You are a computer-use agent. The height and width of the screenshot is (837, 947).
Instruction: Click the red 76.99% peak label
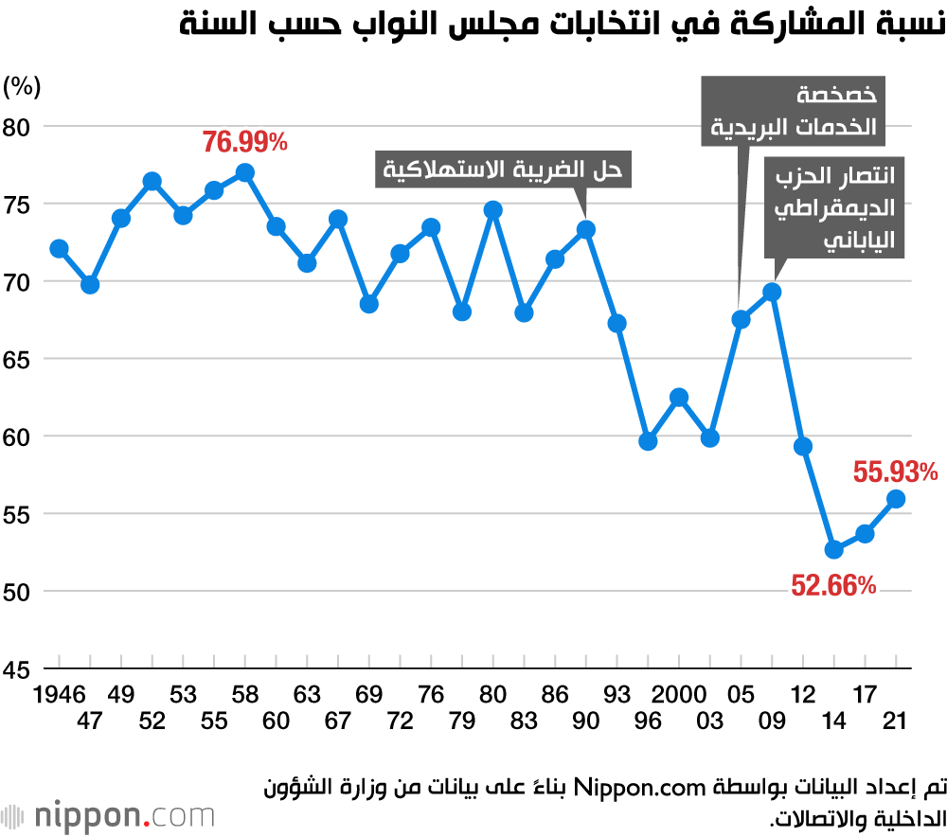[x=244, y=143]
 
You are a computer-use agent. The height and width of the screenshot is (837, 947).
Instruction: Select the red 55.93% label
[x=895, y=471]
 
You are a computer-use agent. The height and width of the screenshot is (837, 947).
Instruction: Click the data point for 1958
[x=245, y=172]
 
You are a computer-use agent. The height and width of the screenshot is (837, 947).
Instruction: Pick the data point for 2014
[x=834, y=549]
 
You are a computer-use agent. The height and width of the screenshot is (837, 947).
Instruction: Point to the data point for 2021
[x=897, y=499]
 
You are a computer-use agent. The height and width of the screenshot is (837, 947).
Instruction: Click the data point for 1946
[x=59, y=249]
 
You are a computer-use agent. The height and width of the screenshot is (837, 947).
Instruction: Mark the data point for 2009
[x=772, y=292]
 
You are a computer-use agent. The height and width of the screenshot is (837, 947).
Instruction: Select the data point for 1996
[x=649, y=441]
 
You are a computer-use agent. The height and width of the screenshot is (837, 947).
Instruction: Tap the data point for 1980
[x=492, y=210]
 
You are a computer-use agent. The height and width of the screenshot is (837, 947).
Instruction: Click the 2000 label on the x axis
[x=678, y=695]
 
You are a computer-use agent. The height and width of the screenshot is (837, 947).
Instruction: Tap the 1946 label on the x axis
[x=59, y=695]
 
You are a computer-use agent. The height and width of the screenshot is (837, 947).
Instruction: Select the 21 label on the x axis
[x=895, y=721]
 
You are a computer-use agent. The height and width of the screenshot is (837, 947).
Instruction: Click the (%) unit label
[x=22, y=87]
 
